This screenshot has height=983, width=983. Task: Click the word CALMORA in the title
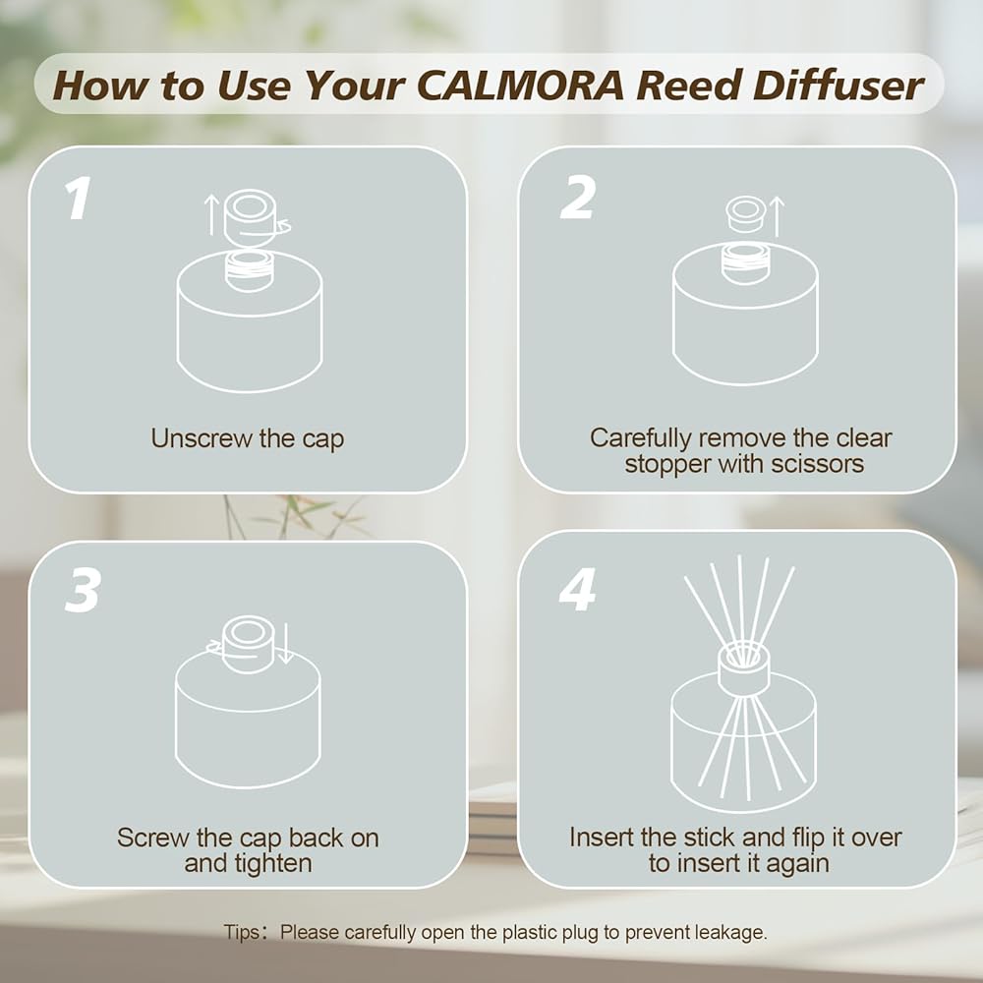(520, 86)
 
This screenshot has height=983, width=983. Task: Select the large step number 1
(78, 199)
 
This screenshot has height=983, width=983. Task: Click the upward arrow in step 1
(212, 214)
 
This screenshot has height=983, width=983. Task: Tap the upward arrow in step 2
(777, 216)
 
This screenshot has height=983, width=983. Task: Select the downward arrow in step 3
(285, 643)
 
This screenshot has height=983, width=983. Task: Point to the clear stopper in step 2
(745, 213)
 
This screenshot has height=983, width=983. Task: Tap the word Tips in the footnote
(242, 932)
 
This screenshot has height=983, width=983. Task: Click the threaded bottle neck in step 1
(250, 271)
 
